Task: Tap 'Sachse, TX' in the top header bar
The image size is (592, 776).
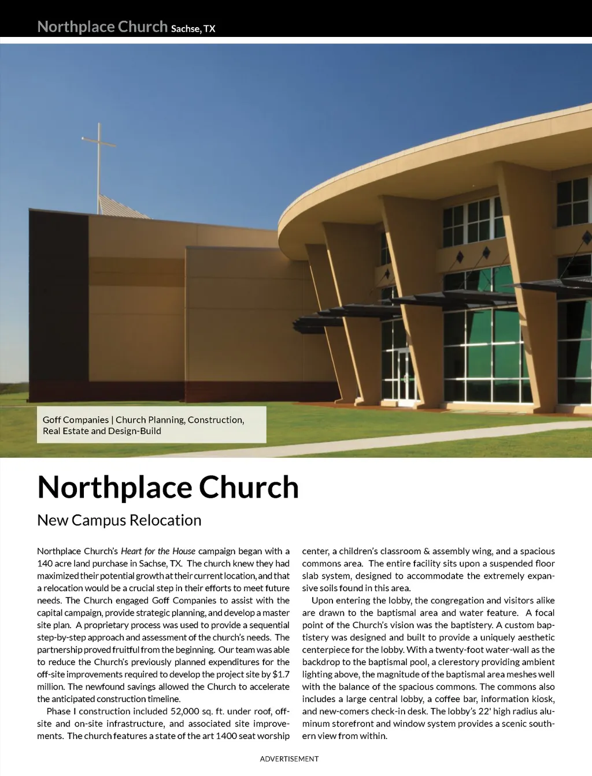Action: [193, 29]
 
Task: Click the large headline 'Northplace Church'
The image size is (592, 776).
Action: [168, 487]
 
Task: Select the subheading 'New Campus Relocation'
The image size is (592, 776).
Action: [119, 520]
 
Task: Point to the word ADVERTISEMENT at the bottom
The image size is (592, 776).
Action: [289, 759]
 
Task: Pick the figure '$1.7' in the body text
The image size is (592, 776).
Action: [281, 674]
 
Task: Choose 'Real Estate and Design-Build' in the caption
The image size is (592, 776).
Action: [102, 431]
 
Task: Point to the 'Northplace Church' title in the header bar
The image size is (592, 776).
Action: [102, 27]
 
